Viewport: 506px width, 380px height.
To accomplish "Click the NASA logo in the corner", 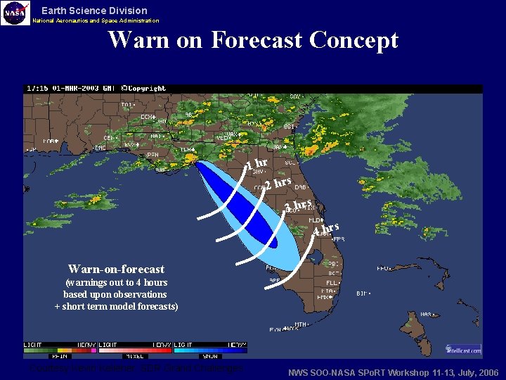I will pyautogui.click(x=15, y=13).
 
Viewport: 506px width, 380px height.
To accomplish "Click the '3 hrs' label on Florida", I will pyautogui.click(x=298, y=205).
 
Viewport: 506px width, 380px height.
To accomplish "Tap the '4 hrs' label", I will pyautogui.click(x=327, y=229).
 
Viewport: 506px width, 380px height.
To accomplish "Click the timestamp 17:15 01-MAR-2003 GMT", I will pyautogui.click(x=71, y=89).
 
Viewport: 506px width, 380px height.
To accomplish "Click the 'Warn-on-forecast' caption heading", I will pyautogui.click(x=116, y=269).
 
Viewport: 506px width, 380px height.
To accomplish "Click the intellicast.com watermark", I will pyautogui.click(x=463, y=349).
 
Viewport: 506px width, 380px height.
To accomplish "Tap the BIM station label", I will pyautogui.click(x=363, y=293).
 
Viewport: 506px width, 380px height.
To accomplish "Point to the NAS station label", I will pyautogui.click(x=427, y=314).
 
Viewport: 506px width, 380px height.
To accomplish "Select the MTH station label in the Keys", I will pyautogui.click(x=301, y=324).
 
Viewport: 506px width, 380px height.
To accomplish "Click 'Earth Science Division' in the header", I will pyautogui.click(x=94, y=11).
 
